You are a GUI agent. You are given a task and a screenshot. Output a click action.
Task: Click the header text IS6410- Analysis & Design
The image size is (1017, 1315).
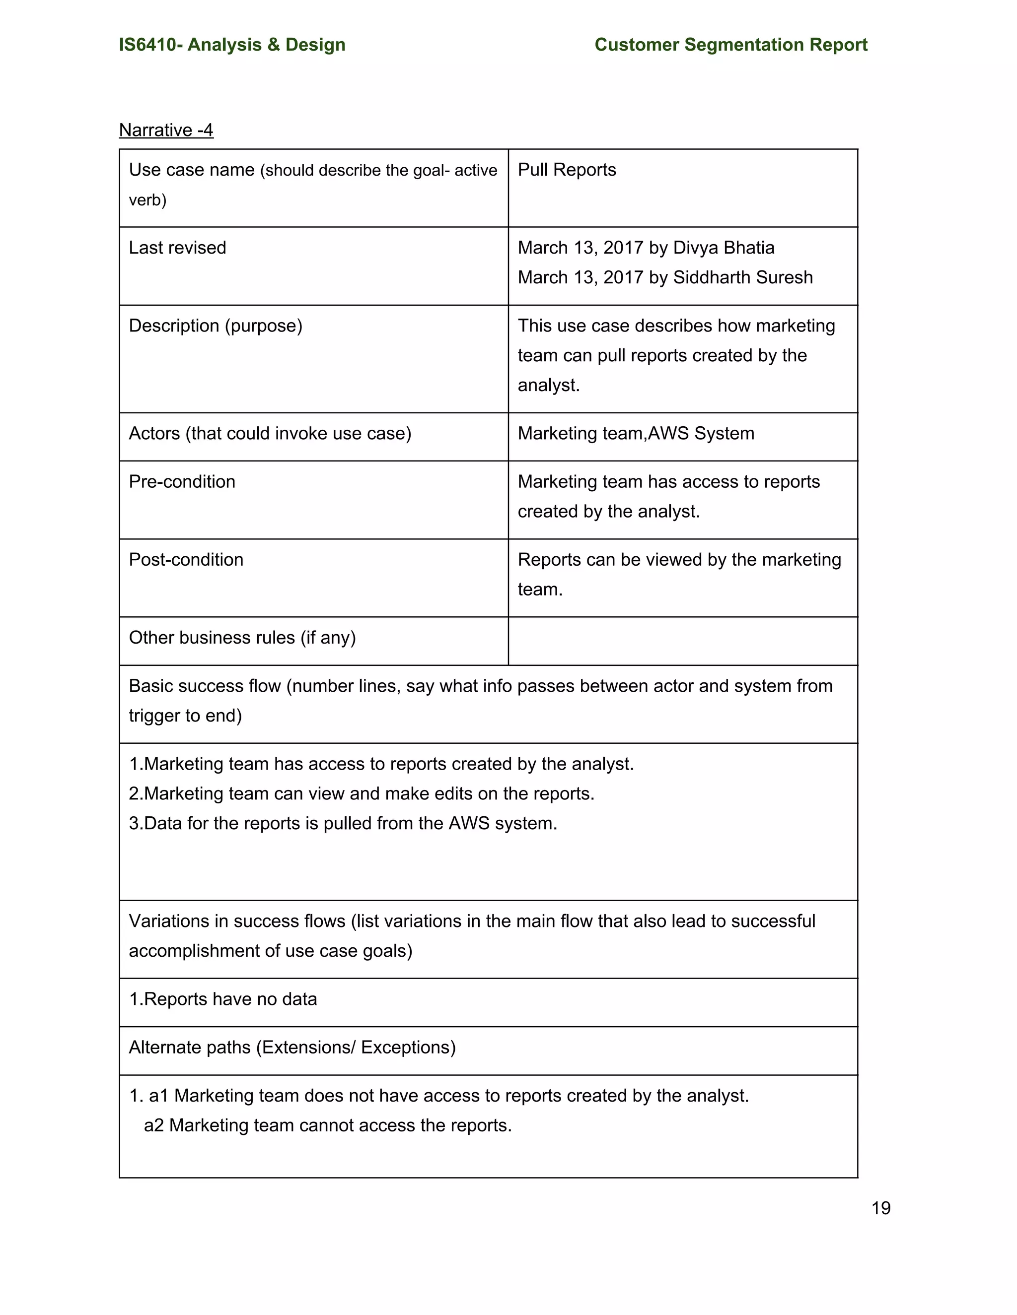(x=232, y=45)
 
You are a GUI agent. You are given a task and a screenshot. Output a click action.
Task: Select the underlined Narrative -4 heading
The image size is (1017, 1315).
(x=166, y=130)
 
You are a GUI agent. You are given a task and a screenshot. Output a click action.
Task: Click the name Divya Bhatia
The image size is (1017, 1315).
(x=723, y=248)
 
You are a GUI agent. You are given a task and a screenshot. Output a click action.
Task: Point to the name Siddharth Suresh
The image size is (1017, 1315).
(x=742, y=277)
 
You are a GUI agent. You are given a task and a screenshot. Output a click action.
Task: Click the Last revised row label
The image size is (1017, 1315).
(x=177, y=248)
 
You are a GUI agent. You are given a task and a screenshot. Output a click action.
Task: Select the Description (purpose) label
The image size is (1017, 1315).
(x=215, y=326)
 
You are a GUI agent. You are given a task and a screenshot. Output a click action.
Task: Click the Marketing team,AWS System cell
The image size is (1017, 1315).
(x=636, y=434)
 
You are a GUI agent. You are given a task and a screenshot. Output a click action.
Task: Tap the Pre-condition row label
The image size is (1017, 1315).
(x=181, y=482)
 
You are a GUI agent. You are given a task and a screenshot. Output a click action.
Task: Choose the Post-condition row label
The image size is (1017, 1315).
(x=186, y=559)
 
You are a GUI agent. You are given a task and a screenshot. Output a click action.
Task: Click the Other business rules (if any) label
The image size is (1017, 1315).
(x=242, y=638)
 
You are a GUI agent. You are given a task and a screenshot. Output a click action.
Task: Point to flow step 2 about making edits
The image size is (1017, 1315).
(x=362, y=793)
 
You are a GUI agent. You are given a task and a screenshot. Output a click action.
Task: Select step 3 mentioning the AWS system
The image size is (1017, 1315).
(x=343, y=823)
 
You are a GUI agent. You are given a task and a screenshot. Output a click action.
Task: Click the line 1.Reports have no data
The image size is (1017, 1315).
(x=222, y=999)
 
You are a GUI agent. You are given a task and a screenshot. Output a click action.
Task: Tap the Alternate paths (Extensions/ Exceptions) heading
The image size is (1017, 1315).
(x=291, y=1047)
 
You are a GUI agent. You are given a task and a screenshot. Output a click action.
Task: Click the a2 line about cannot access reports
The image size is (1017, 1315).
(x=327, y=1125)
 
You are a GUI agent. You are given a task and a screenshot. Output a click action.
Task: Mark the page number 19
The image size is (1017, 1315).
(x=880, y=1208)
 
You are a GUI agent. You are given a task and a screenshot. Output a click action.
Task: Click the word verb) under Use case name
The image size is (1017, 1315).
(x=147, y=200)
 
